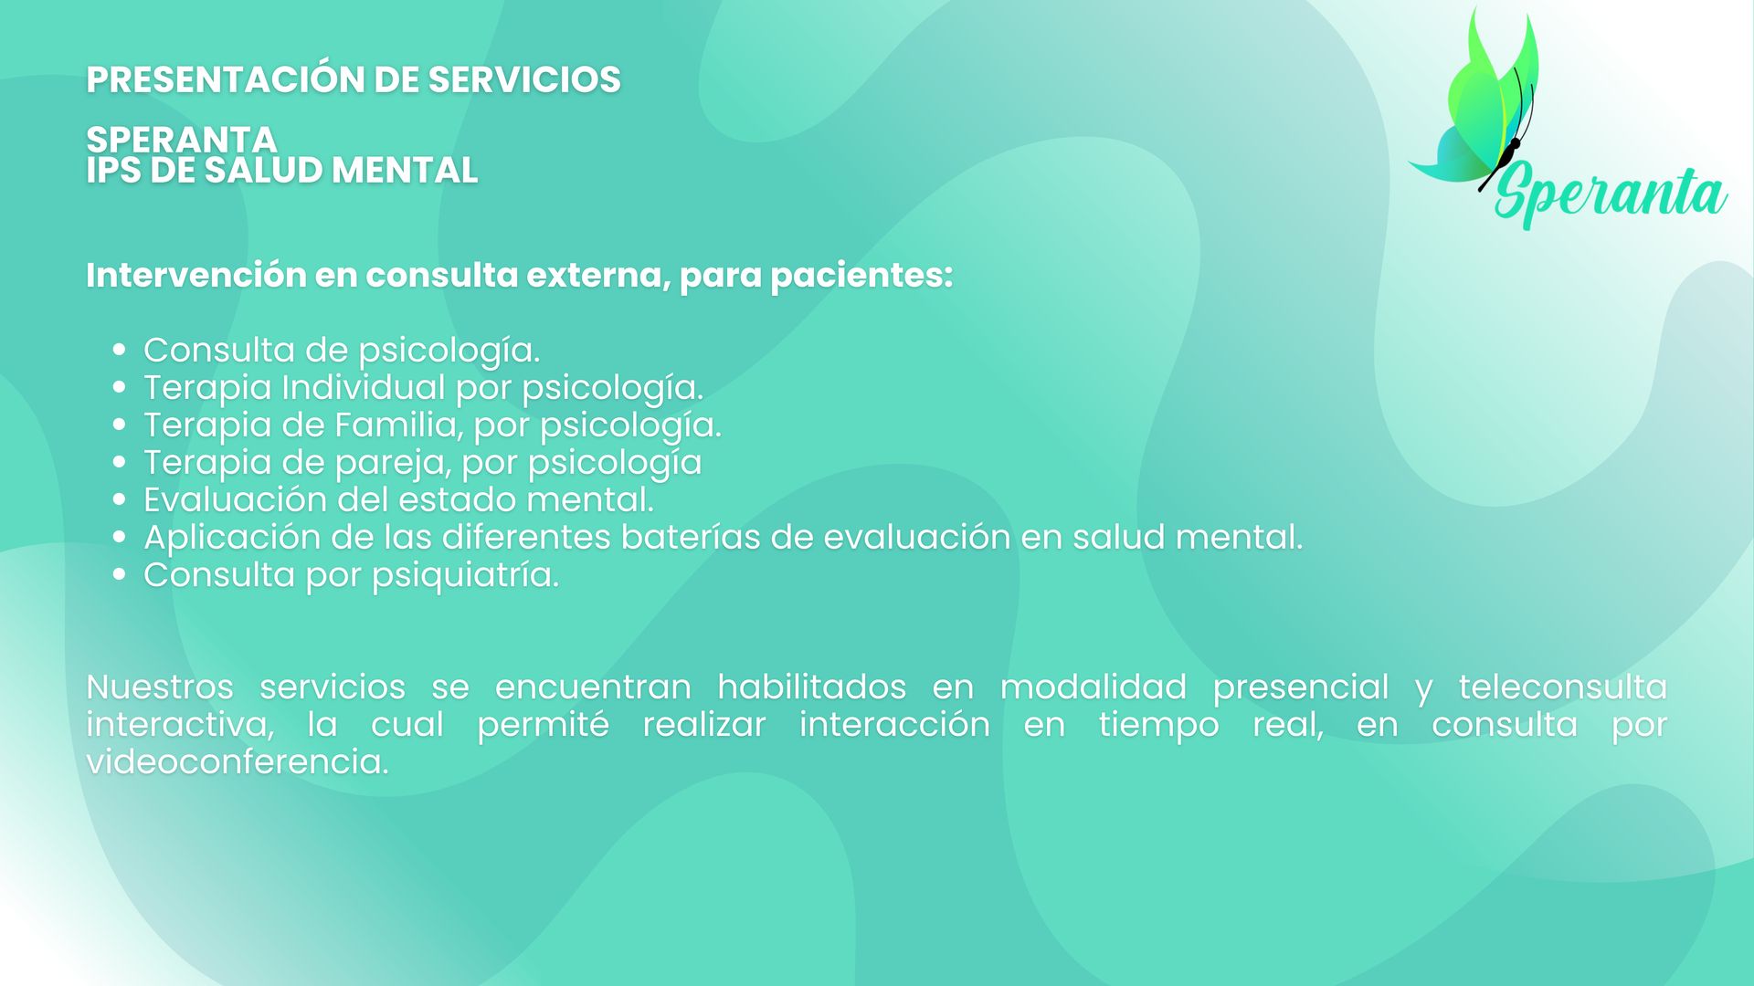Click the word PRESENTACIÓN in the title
pos(226,79)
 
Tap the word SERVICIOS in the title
pos(524,79)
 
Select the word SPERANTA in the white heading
pos(182,140)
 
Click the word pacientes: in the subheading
pos(861,276)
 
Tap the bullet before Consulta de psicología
pos(120,350)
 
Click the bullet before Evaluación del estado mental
pos(120,499)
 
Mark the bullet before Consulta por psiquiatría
pos(120,574)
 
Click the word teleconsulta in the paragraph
pos(1562,687)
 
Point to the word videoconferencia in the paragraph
pos(238,761)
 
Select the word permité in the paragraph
pos(543,725)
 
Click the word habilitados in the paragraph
pos(811,687)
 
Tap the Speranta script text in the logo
pos(1611,194)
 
